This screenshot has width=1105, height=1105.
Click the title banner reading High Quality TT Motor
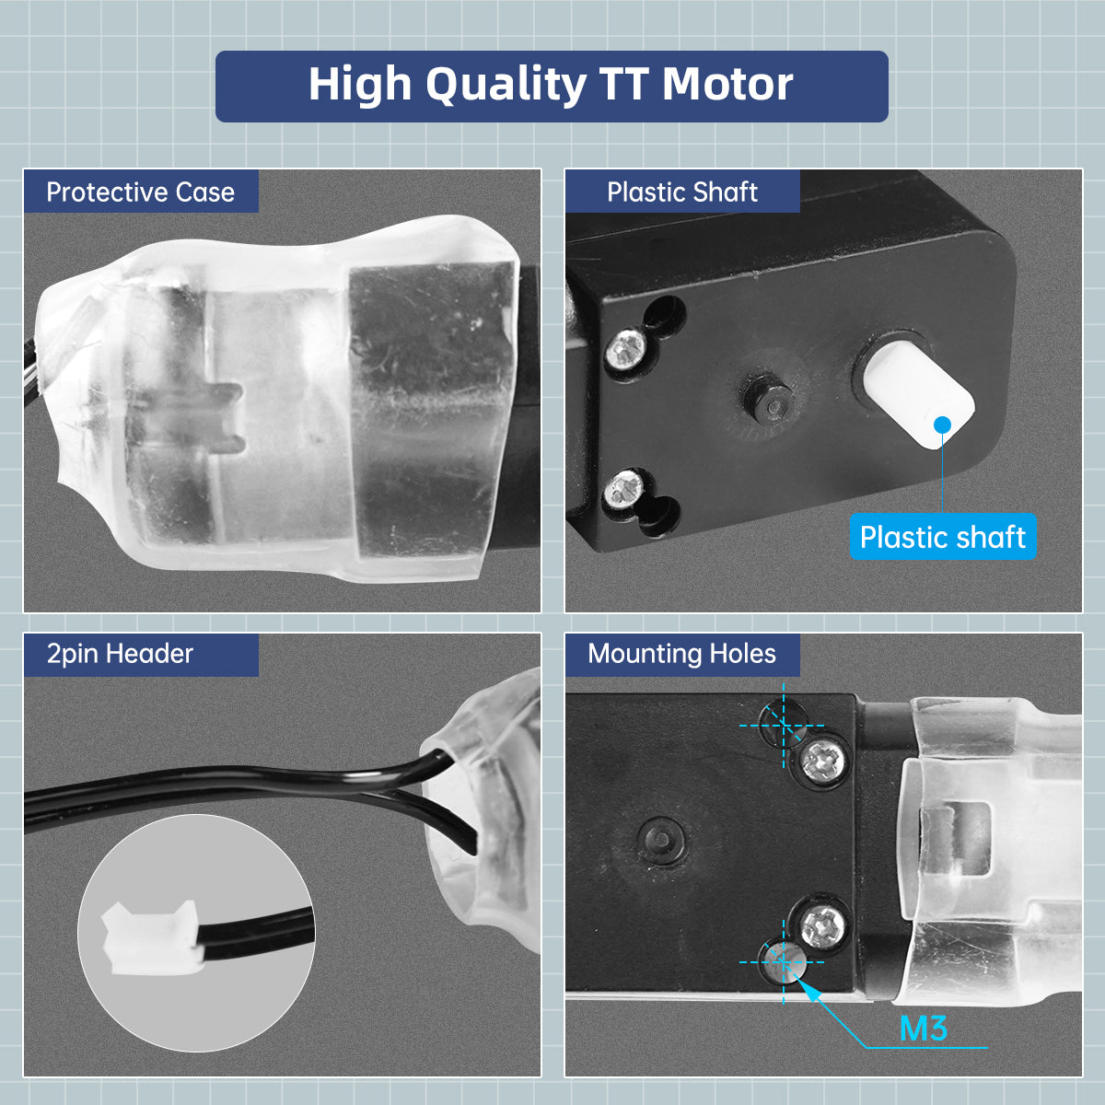pyautogui.click(x=552, y=86)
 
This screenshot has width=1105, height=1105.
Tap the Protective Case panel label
pyautogui.click(x=141, y=192)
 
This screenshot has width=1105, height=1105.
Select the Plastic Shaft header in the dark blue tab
pyautogui.click(x=682, y=192)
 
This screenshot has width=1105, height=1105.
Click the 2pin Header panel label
pyautogui.click(x=120, y=654)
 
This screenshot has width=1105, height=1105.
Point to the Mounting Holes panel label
pyautogui.click(x=681, y=654)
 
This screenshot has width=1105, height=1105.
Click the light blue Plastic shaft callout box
pyautogui.click(x=943, y=537)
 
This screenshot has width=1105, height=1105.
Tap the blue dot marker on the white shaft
pyautogui.click(x=942, y=425)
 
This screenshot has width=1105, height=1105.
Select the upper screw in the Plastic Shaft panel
pyautogui.click(x=627, y=346)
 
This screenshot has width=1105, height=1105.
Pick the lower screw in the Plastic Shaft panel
pyautogui.click(x=625, y=490)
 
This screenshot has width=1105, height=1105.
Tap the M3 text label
pyautogui.click(x=924, y=1029)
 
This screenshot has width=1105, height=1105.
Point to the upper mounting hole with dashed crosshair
pyautogui.click(x=781, y=724)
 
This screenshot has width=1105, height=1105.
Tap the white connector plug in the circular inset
pyautogui.click(x=151, y=938)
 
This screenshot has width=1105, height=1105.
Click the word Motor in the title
pyautogui.click(x=727, y=85)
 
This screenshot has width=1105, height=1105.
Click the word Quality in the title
pyautogui.click(x=506, y=86)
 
